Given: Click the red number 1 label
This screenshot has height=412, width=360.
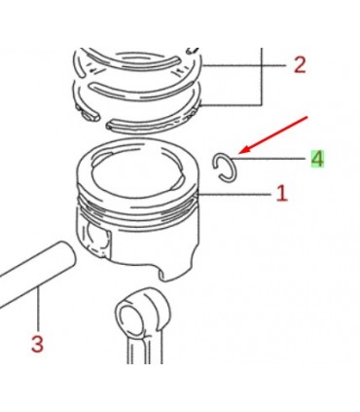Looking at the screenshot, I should pyautogui.click(x=282, y=193).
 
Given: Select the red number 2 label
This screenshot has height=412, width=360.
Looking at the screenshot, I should pyautogui.click(x=299, y=65).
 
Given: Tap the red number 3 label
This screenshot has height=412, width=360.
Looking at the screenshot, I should pyautogui.click(x=37, y=344).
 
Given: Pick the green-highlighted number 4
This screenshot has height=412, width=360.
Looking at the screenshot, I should pyautogui.click(x=316, y=159).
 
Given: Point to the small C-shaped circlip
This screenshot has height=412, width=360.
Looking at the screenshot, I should pyautogui.click(x=224, y=166).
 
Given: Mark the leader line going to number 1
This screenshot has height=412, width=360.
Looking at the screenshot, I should pyautogui.click(x=234, y=194).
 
